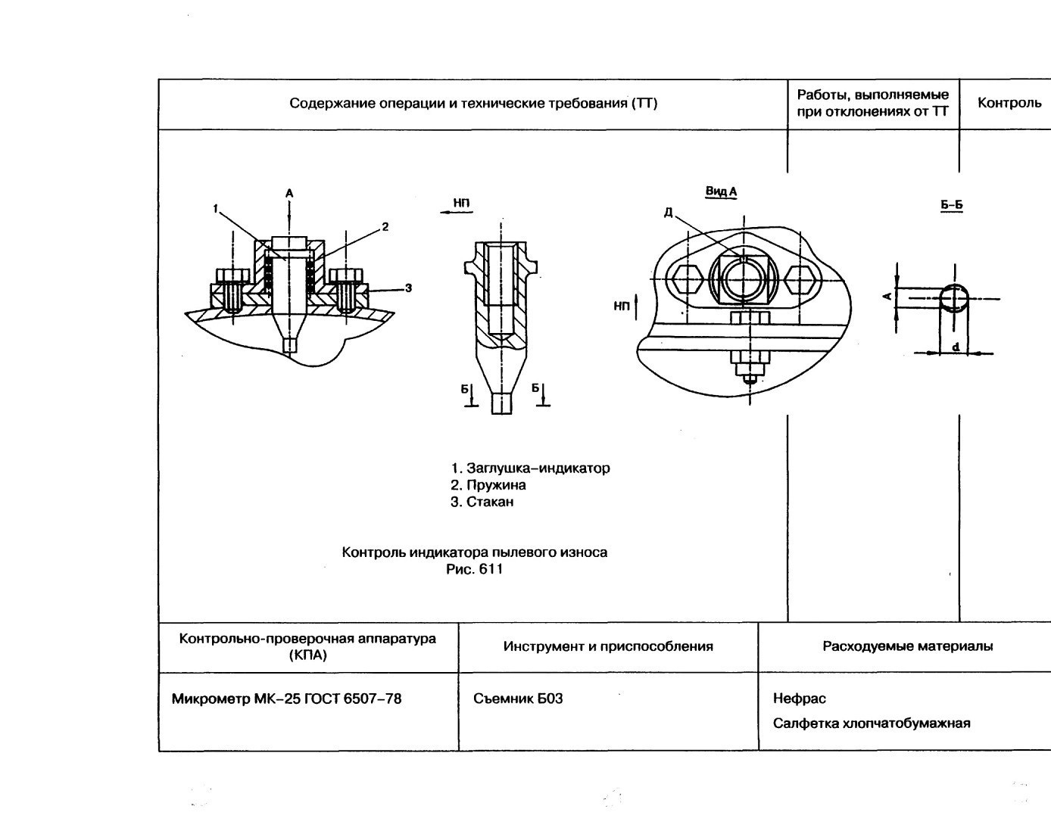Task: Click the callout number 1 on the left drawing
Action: tap(215, 208)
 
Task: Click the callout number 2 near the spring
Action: tap(385, 226)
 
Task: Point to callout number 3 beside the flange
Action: tap(408, 288)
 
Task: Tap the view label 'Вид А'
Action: tap(721, 191)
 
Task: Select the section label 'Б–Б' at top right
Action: tap(951, 205)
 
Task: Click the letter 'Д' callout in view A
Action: tap(668, 213)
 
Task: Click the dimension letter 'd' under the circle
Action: tap(956, 347)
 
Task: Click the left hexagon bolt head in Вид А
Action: tap(688, 280)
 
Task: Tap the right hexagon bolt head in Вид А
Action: tap(800, 280)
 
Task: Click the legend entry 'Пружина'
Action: tap(488, 485)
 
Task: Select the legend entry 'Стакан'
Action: tap(482, 502)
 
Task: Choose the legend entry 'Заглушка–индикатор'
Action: tap(530, 468)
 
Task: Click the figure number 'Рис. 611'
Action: tap(474, 569)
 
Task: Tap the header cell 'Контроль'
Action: tap(1009, 103)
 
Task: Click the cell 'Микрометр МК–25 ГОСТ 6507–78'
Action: tap(286, 699)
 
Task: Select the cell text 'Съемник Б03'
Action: tap(518, 699)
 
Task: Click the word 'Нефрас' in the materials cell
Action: tap(799, 699)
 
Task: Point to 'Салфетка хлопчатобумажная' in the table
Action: tap(872, 723)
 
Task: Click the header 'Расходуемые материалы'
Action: tap(907, 646)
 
